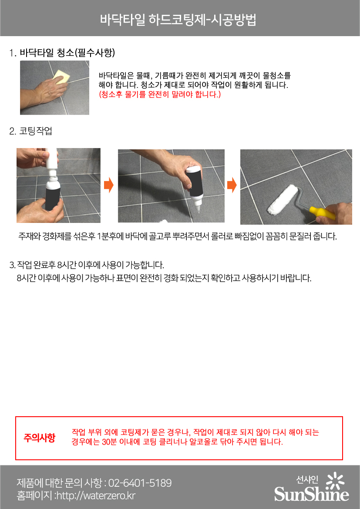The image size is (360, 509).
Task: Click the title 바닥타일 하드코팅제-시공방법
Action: point(178,20)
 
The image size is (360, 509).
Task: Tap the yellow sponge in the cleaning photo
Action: point(62,77)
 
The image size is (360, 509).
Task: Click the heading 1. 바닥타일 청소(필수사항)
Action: point(62,53)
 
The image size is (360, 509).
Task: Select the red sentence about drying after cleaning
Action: point(160,94)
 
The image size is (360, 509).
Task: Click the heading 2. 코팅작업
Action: point(30,131)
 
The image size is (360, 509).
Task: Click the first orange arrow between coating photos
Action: point(109,185)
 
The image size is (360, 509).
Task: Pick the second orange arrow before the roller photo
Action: point(232,185)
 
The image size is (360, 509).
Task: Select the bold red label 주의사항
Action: point(39,438)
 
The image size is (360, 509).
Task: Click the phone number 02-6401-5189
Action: point(140,483)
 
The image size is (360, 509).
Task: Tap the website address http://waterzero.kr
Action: point(96,496)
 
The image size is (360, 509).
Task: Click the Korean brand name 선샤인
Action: point(307,479)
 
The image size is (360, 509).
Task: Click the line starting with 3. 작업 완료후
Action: point(87,265)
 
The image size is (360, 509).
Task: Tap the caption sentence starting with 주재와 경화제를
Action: point(178,236)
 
